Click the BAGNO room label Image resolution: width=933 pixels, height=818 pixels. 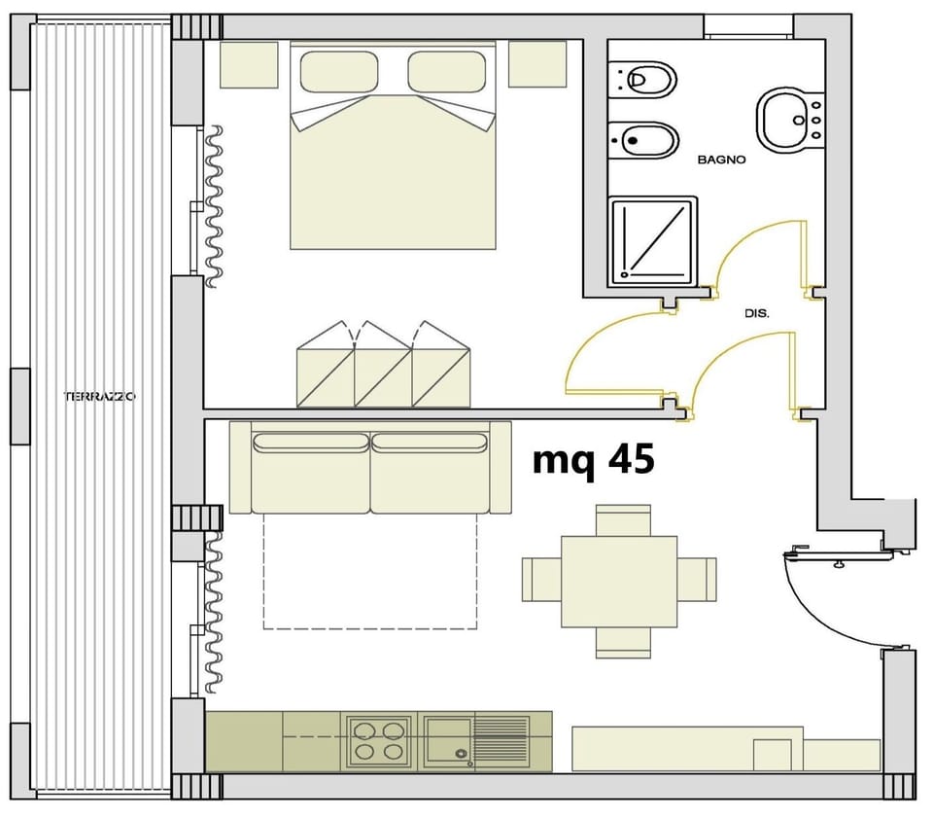[721, 160]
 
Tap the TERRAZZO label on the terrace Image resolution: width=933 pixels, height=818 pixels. [99, 397]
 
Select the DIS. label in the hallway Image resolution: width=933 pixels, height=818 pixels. [756, 314]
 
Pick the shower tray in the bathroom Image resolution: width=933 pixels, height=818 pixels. [652, 242]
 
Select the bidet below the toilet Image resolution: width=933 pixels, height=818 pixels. [641, 140]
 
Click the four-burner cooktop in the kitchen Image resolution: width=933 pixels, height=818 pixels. [379, 740]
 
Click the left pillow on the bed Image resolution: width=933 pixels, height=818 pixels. [338, 71]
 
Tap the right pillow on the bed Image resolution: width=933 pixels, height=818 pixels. [446, 71]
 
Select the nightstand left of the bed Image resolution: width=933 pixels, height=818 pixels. [249, 64]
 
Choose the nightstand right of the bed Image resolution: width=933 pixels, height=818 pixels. [537, 64]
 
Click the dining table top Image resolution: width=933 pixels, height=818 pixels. [619, 581]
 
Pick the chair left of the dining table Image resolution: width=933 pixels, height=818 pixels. [541, 580]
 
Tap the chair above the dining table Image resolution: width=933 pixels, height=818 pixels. [623, 519]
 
